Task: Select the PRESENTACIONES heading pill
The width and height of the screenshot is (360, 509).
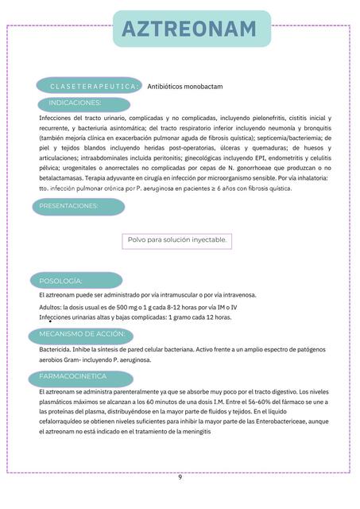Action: (x=80, y=206)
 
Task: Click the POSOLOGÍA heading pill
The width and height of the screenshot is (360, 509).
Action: (x=79, y=281)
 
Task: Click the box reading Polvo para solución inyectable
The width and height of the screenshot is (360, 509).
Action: (x=176, y=240)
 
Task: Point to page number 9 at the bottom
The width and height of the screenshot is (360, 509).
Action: (x=180, y=477)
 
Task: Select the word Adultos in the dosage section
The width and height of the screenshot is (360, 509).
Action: (x=51, y=306)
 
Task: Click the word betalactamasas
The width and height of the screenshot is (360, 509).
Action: (x=63, y=179)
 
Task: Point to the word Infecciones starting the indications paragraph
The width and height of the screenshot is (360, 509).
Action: (x=56, y=117)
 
